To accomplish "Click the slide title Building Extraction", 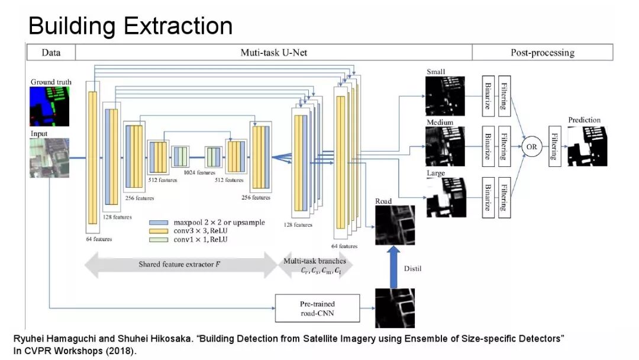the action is (x=130, y=26).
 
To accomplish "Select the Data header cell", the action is (x=51, y=53).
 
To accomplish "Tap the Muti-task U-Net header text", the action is (x=273, y=53).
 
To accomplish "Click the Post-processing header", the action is (x=542, y=53).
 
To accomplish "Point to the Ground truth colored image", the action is (x=50, y=106).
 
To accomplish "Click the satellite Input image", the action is (x=50, y=157).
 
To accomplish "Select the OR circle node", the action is (x=531, y=146).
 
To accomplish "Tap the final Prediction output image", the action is (x=587, y=146).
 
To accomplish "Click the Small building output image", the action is (x=445, y=96).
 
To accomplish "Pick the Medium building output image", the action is (x=445, y=146).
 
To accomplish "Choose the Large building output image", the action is (x=445, y=197).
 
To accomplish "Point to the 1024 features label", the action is (x=198, y=173).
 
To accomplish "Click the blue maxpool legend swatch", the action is (x=159, y=223).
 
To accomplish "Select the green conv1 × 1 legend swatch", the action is (x=159, y=240).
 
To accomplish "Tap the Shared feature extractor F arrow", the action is (x=181, y=263).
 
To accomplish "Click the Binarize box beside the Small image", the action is (x=488, y=96).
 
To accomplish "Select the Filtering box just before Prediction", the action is (x=554, y=146).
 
